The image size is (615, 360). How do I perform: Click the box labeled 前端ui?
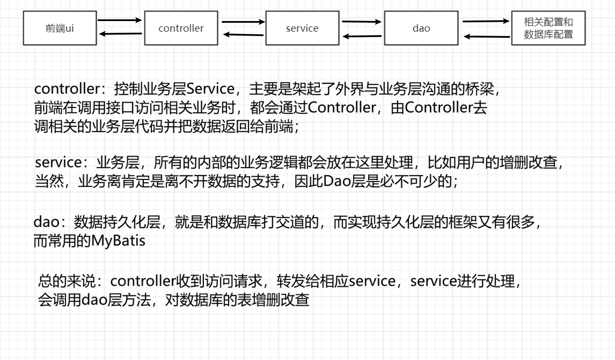(60, 28)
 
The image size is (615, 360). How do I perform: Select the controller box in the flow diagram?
(181, 28)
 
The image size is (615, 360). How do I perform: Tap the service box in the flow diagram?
(302, 28)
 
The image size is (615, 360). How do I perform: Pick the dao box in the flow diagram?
(421, 28)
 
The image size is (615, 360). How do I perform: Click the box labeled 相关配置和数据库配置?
(548, 28)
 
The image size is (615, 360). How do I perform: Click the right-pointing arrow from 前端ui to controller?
(120, 20)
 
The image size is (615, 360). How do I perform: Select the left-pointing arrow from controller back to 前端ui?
(120, 34)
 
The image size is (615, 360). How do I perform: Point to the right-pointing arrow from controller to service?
(243, 21)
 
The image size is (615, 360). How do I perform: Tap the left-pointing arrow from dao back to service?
(362, 37)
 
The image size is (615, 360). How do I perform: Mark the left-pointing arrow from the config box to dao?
(486, 37)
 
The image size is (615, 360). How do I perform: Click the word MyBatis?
(118, 241)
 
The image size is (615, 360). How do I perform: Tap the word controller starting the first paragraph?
(67, 89)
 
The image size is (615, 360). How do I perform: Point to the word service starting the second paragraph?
(58, 163)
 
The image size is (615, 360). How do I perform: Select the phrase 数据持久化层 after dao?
(117, 222)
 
